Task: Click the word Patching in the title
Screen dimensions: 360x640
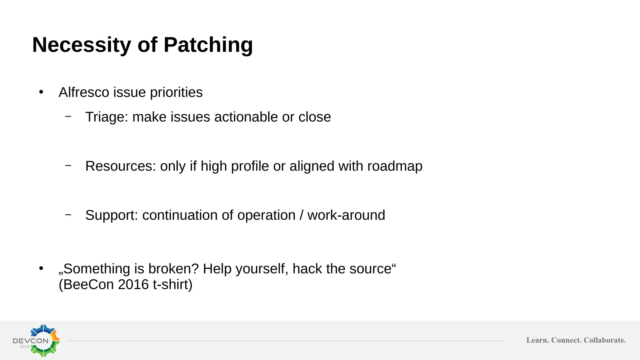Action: click(x=208, y=45)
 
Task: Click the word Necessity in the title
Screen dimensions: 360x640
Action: click(x=82, y=45)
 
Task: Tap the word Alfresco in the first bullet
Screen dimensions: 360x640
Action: click(x=84, y=92)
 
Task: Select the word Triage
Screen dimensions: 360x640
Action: click(x=107, y=117)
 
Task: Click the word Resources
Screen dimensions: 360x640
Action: click(x=120, y=166)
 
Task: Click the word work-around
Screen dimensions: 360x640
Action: click(x=346, y=215)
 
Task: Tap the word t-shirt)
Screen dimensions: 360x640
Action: click(x=172, y=284)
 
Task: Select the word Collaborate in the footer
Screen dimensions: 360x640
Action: click(x=605, y=340)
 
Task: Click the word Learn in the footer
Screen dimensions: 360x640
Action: click(x=537, y=340)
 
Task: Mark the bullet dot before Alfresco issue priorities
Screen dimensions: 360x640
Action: click(x=41, y=92)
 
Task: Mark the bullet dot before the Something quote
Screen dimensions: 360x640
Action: click(x=41, y=268)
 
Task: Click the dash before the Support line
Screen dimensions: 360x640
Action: click(x=68, y=215)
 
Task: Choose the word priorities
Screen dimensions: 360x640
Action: click(x=176, y=93)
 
